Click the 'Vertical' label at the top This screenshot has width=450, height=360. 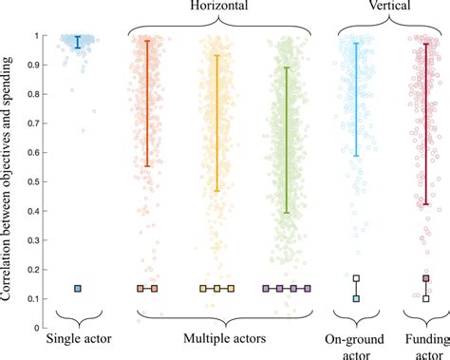pos(391,7)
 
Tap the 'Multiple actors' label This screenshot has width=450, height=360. pos(217,338)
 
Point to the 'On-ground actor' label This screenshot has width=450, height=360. pos(355,344)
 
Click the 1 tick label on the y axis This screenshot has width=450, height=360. pos(35,37)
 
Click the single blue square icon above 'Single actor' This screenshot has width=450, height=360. pos(79,289)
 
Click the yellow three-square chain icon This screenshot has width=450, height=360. pos(216,289)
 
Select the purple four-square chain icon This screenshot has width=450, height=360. pos(287,289)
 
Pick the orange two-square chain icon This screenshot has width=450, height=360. pos(147,289)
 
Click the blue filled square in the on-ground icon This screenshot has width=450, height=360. pos(356,299)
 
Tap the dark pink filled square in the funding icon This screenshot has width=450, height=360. pos(426,278)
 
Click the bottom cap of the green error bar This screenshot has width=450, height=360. pos(287,213)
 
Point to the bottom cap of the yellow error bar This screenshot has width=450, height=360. pos(216,191)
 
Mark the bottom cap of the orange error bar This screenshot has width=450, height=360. pos(147,166)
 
